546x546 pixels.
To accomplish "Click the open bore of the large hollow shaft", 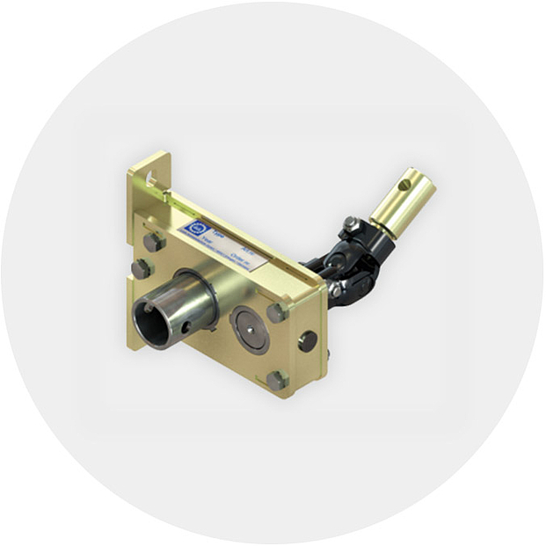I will tap(153, 323).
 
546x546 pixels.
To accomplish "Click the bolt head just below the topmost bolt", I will tap(142, 268).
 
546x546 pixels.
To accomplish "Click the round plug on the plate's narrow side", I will tap(307, 340).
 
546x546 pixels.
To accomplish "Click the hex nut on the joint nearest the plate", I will tap(335, 289).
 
